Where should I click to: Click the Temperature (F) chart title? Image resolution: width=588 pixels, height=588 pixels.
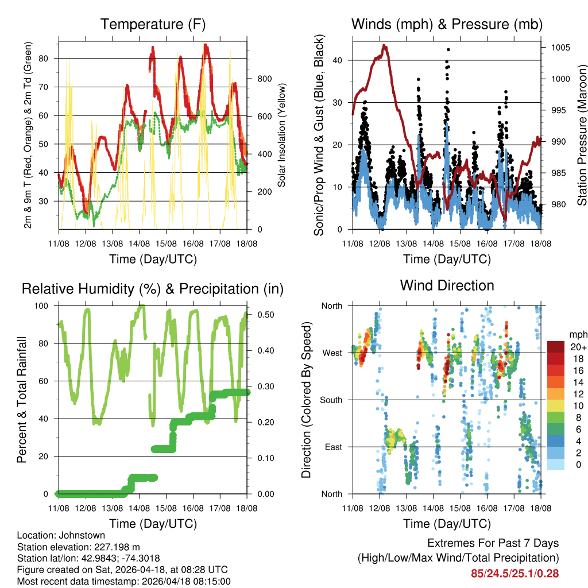(x=153, y=25)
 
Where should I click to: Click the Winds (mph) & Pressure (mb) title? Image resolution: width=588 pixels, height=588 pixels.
(x=447, y=25)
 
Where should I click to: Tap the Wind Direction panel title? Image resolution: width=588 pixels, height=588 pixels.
(x=447, y=285)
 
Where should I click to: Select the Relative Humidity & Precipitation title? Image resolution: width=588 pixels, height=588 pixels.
(x=153, y=289)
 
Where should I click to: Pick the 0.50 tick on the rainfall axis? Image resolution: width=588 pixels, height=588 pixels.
(x=262, y=315)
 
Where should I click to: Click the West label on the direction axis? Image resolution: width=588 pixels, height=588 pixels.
(x=331, y=353)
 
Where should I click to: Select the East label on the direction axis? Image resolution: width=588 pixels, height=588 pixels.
(x=332, y=447)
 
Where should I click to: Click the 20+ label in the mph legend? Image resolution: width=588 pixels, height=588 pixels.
(x=578, y=347)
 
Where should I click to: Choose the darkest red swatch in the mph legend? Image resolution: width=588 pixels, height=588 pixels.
(x=557, y=347)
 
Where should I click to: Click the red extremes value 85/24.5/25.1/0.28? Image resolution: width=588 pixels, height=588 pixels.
(x=514, y=573)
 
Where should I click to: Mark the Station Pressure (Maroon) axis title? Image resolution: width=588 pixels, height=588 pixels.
(x=582, y=135)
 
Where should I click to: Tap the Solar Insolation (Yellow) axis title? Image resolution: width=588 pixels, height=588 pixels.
(x=282, y=135)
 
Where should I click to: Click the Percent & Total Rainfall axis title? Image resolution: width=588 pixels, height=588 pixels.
(x=21, y=400)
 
